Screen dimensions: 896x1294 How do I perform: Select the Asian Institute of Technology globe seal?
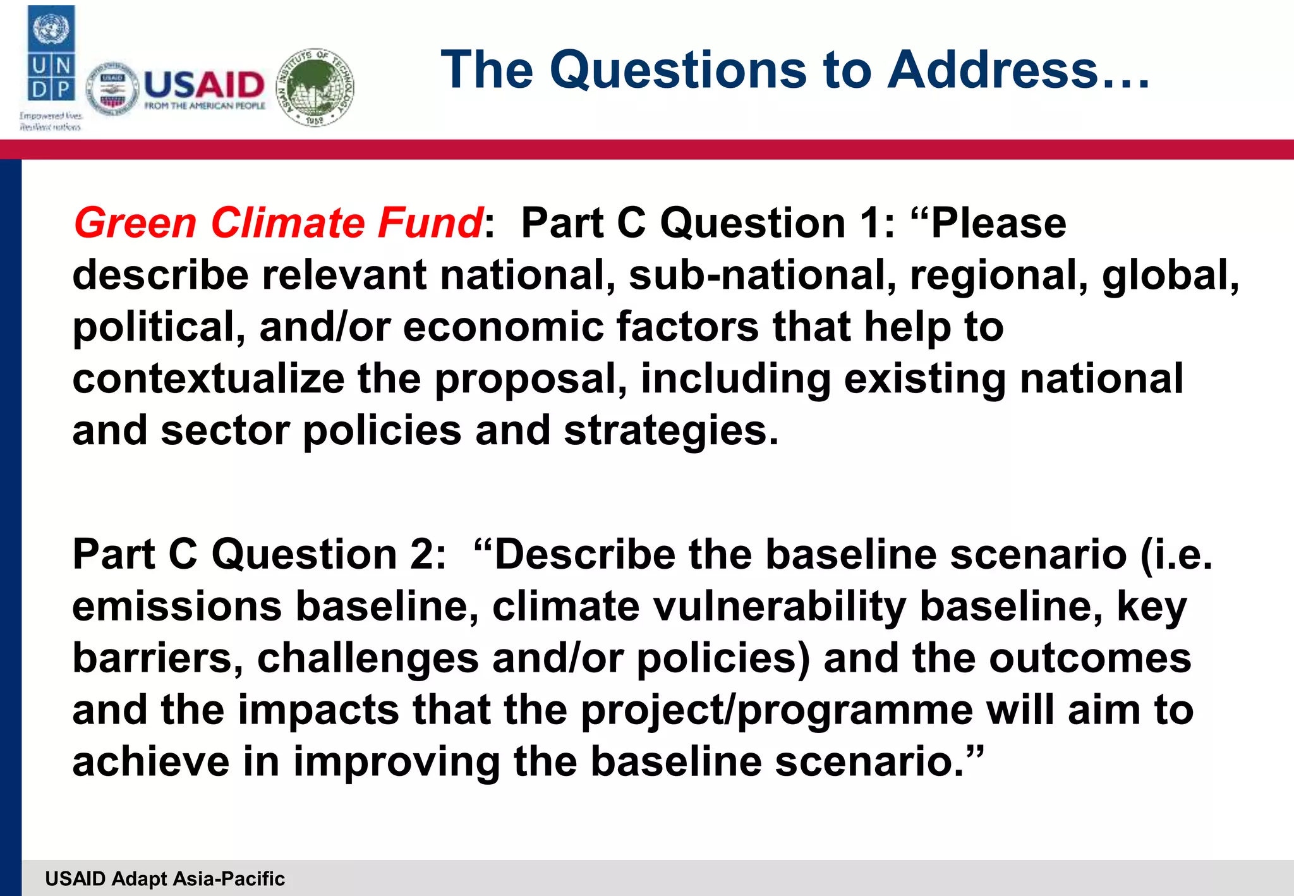point(315,87)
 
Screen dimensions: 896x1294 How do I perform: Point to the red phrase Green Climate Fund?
point(278,223)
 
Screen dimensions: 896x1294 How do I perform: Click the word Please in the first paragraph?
point(998,223)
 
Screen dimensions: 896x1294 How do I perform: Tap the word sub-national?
point(762,275)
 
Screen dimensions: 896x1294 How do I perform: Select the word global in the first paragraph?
point(1169,276)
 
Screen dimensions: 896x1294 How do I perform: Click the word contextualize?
point(208,378)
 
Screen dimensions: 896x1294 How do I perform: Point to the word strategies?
point(670,432)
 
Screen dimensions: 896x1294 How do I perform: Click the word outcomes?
point(1089,658)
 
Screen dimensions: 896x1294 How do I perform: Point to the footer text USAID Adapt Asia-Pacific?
point(165,878)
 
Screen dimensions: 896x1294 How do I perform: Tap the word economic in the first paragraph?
point(503,327)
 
